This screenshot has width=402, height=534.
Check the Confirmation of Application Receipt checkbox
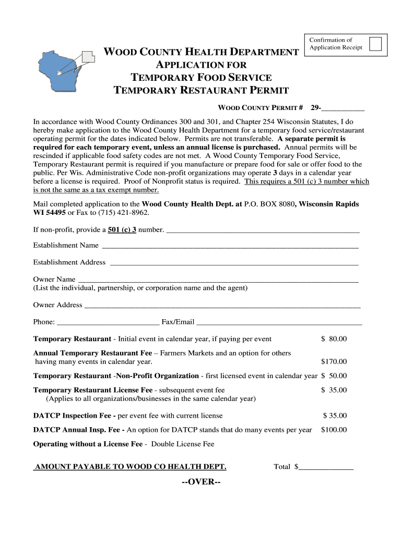pyautogui.click(x=375, y=44)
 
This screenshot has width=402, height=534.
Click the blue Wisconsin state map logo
pyautogui.click(x=57, y=67)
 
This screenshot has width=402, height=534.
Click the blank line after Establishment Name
pyautogui.click(x=230, y=246)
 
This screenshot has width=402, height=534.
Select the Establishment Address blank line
pyautogui.click(x=234, y=263)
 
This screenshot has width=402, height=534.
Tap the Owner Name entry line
pyautogui.click(x=218, y=280)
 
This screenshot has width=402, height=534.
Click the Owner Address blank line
pyautogui.click(x=222, y=305)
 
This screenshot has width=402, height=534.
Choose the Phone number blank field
pyautogui.click(x=108, y=322)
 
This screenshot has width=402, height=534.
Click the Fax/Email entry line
pyautogui.click(x=279, y=322)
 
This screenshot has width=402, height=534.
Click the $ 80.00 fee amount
pyautogui.click(x=334, y=339)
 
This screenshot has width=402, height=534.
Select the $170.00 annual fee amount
pyautogui.click(x=333, y=361)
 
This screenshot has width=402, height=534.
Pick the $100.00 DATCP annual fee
pyautogui.click(x=333, y=430)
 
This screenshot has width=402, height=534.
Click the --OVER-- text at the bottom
pyautogui.click(x=201, y=481)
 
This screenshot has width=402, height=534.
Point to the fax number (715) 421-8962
pyautogui.click(x=127, y=213)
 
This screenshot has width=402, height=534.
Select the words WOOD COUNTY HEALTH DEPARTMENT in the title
pyautogui.click(x=201, y=52)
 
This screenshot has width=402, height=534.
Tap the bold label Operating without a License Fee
pyautogui.click(x=88, y=444)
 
